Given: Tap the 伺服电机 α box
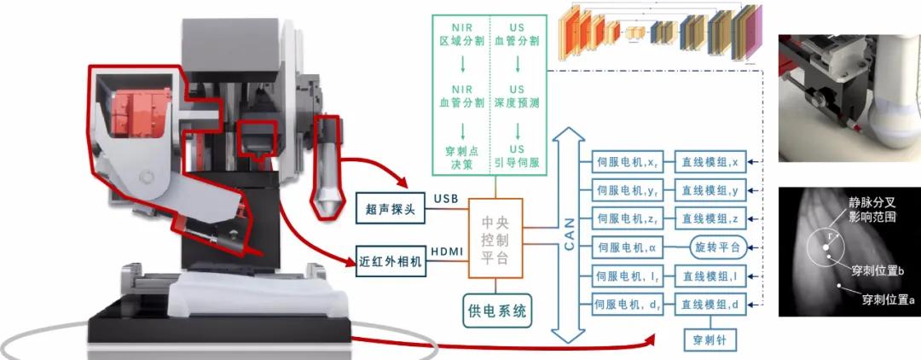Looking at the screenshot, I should tap(626, 247).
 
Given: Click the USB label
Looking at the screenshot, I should tap(446, 199).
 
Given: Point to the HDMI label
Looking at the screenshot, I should tap(446, 252).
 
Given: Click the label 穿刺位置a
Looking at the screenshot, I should tap(887, 299).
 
